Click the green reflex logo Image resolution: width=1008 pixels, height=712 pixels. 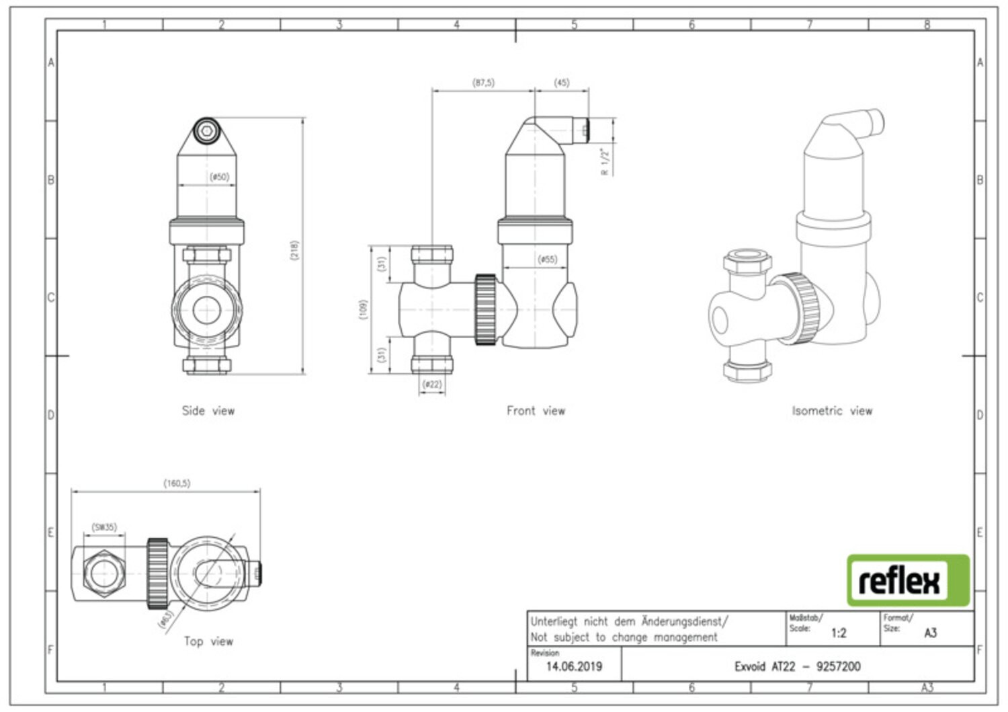tap(908, 580)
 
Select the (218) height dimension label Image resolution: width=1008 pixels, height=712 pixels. tap(294, 250)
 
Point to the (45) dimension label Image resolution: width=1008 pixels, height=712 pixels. tap(562, 83)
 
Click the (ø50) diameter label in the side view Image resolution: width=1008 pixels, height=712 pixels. tap(220, 177)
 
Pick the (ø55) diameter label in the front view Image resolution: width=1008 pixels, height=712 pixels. tap(547, 260)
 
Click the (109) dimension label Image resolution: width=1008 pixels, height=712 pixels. tap(363, 310)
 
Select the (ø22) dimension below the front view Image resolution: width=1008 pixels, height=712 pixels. tap(433, 385)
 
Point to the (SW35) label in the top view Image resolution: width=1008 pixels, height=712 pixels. tap(104, 527)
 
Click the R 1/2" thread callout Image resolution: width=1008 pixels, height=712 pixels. tap(605, 161)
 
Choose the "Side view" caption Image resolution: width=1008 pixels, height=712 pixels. tap(208, 411)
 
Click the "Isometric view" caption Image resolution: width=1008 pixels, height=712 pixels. tap(832, 411)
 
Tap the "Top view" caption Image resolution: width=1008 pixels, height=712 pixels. tap(208, 641)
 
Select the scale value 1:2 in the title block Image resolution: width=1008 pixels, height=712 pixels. tap(839, 633)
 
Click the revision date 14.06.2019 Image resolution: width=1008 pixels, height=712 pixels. tap(574, 666)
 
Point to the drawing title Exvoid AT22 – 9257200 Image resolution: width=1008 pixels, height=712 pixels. tap(798, 666)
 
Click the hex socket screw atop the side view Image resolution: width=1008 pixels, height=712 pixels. tap(207, 131)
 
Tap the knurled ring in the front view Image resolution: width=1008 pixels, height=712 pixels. tap(486, 310)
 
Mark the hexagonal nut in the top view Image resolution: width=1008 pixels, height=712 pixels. tap(104, 573)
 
